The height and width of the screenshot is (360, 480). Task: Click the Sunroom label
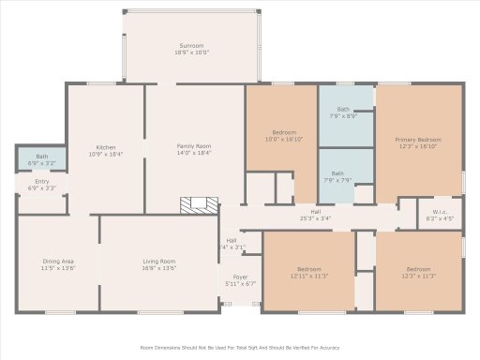pos(193,46)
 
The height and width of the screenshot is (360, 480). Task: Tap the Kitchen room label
pos(107,147)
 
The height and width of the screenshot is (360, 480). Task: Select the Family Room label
pos(194,147)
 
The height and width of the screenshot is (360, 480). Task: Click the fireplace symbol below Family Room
pos(199,206)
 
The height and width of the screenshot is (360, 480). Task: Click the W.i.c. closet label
pos(440,213)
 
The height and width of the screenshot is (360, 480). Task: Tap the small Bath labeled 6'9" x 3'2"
pos(42,157)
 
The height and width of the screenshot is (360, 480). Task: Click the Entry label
pos(42,181)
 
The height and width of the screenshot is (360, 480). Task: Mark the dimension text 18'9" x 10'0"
pos(193,52)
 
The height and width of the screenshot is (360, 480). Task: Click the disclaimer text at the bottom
pos(240,347)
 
